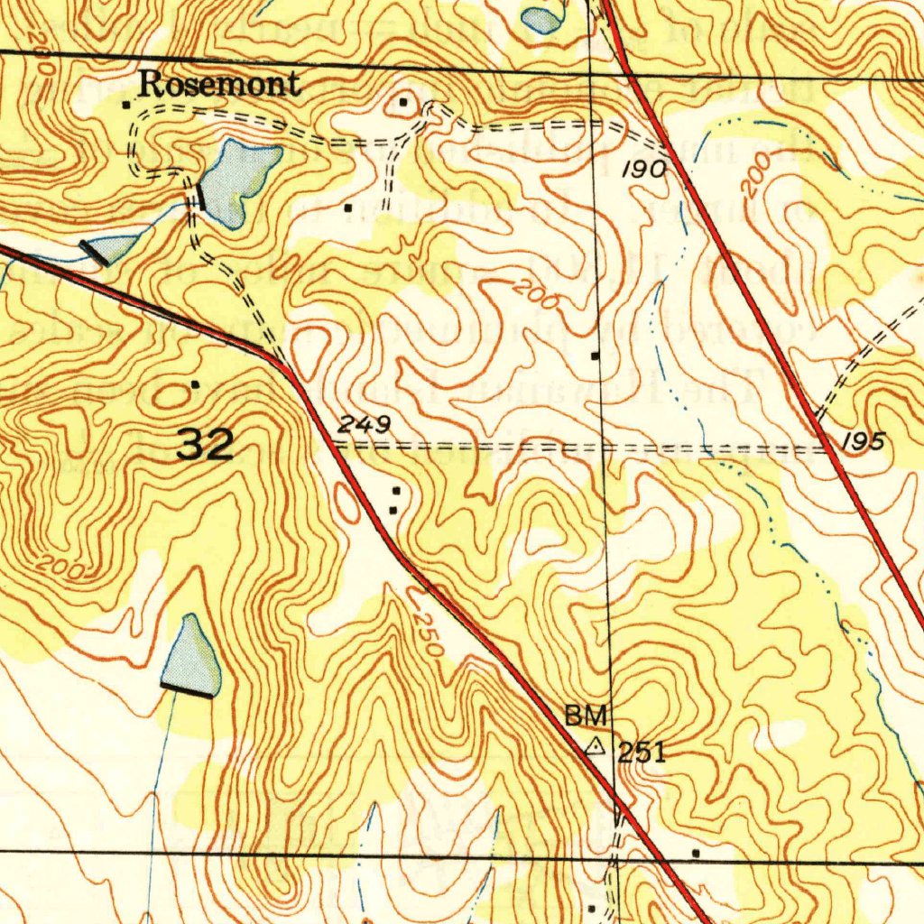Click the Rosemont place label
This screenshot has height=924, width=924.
coord(218,85)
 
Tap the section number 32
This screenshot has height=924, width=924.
coord(206,445)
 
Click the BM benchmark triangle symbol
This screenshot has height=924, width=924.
coord(596,747)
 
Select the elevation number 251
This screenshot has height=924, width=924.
coord(642,752)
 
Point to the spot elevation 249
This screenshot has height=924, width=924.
coord(365,423)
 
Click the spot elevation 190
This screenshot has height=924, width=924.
coord(645,170)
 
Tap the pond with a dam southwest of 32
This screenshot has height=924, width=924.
coord(192,657)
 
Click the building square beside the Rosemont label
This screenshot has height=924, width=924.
coord(126,105)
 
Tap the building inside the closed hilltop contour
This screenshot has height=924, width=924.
coord(403,103)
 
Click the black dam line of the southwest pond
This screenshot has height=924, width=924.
coord(188,690)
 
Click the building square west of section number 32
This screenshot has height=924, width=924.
coord(195,385)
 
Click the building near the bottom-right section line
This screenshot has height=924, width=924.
coord(696,852)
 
